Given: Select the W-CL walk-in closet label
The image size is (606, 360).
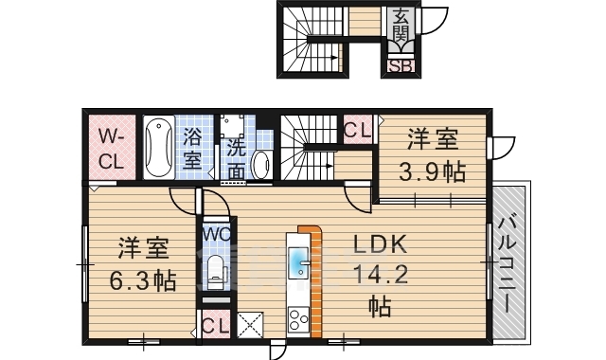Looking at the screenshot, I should (112, 148).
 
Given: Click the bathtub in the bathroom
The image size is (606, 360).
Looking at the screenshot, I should (158, 148).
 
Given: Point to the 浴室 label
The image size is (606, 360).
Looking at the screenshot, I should (191, 149).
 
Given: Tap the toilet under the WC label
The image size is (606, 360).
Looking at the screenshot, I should (216, 272).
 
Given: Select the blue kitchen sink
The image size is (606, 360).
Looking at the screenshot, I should (297, 260).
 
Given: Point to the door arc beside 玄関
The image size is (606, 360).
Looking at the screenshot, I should (434, 21).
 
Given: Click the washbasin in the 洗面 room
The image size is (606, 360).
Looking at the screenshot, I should (261, 164).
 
